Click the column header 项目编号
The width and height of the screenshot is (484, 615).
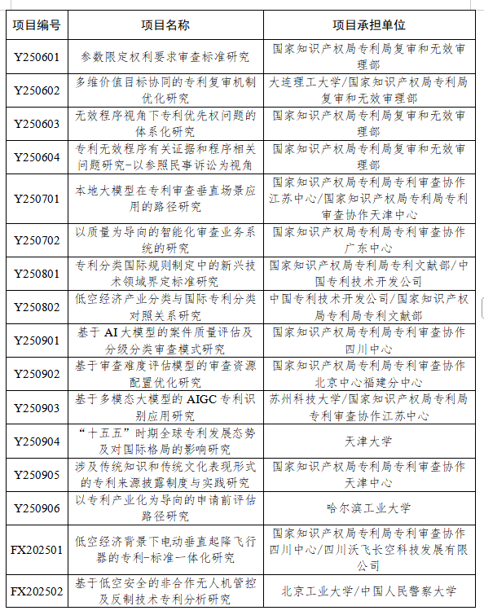pos(37,24)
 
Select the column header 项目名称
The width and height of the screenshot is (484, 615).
pos(165,24)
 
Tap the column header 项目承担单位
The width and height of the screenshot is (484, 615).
pos(368,24)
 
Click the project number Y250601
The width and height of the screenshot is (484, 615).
pos(37,58)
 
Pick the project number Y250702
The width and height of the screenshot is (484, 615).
pos(37,240)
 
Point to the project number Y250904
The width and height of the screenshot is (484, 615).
pos(37,441)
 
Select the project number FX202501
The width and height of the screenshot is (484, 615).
pos(37,550)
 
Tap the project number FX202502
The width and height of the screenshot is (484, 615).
pos(37,591)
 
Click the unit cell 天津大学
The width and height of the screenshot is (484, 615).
pos(368,441)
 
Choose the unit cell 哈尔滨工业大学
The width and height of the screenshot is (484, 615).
pos(368,507)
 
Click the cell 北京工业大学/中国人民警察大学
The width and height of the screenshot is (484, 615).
pos(368,591)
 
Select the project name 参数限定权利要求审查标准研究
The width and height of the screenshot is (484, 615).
pos(165,58)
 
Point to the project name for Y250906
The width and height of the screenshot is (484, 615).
pos(165,507)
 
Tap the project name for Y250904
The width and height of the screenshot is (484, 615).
pos(165,441)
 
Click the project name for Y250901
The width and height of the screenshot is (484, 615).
pos(165,340)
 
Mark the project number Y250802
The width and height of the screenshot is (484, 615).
pos(37,307)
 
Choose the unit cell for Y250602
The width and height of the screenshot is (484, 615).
pos(368,90)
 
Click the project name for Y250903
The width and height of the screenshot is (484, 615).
pos(165,407)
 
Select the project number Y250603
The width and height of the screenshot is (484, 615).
pos(37,124)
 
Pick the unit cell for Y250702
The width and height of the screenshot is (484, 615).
pos(368,240)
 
